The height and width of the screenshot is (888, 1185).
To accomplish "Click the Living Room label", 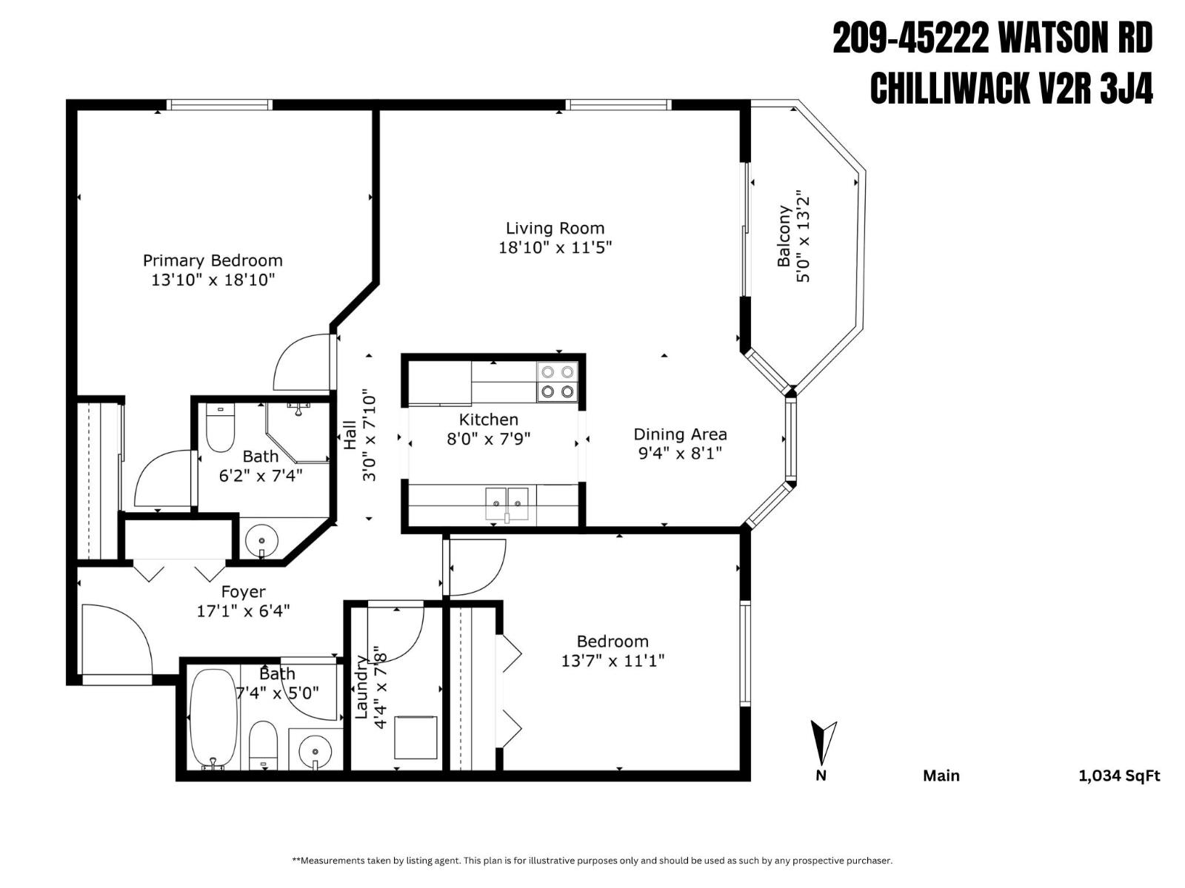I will click(555, 229).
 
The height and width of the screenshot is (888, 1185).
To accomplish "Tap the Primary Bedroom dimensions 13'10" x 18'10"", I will click(213, 280).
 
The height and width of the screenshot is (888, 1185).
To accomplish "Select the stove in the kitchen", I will click(557, 382).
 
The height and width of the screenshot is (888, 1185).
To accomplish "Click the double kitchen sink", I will click(507, 504).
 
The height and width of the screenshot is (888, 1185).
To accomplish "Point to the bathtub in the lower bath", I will click(213, 718).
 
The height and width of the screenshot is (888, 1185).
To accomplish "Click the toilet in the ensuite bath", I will click(219, 428).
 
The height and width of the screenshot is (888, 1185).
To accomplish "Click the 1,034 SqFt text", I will click(1118, 776).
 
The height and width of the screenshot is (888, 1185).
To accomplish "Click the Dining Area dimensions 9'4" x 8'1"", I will click(680, 453).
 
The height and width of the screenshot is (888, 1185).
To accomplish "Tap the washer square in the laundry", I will click(415, 736).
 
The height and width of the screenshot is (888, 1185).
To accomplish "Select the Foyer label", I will click(243, 592).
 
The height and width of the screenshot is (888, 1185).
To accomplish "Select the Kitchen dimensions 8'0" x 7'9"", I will click(488, 439).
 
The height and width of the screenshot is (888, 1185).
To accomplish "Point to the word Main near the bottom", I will click(941, 776).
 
